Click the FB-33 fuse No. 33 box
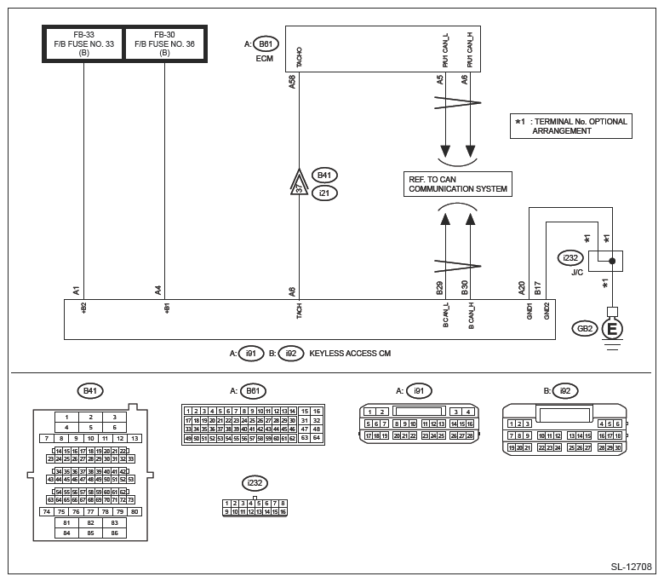click(x=83, y=43)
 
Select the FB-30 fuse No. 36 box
click(x=165, y=43)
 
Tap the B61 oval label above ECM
click(x=266, y=44)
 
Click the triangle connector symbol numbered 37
click(x=298, y=184)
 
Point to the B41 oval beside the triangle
click(x=324, y=176)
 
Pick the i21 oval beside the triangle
click(x=324, y=193)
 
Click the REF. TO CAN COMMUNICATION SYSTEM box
click(x=458, y=184)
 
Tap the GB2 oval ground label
click(x=586, y=328)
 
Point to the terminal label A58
click(x=293, y=82)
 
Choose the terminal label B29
click(x=439, y=288)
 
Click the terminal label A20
click(x=522, y=288)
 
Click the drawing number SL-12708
click(x=631, y=566)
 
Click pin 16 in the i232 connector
click(x=282, y=511)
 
